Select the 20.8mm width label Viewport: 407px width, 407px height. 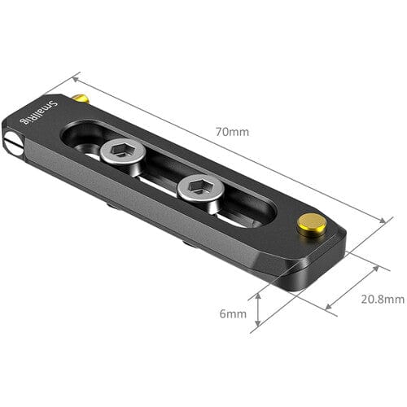(x=383, y=300)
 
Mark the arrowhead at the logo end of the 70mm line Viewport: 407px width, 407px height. (x=76, y=79)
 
